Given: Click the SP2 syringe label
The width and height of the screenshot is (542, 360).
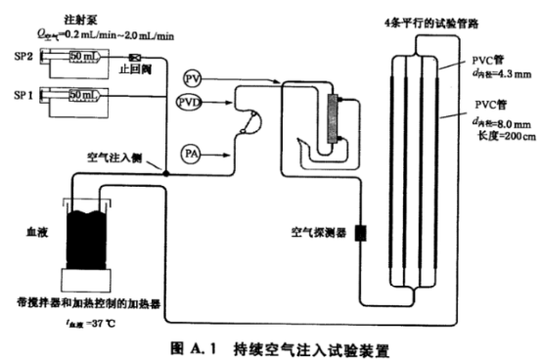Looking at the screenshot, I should pyautogui.click(x=19, y=58).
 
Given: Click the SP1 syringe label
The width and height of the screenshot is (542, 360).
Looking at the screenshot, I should pyautogui.click(x=19, y=96).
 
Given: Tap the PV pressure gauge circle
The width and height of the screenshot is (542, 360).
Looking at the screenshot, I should pyautogui.click(x=193, y=76).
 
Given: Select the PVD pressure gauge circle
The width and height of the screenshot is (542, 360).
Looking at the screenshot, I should pyautogui.click(x=191, y=102).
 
